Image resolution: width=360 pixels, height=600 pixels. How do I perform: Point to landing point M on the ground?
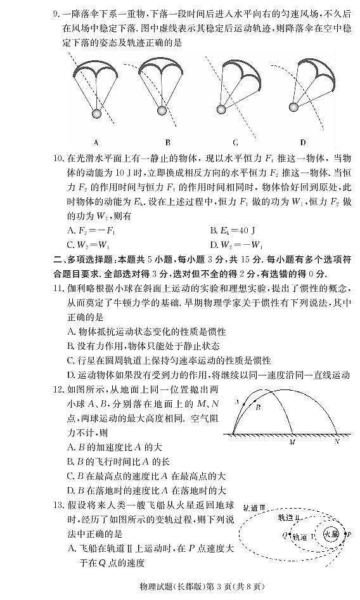click(x=292, y=438)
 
